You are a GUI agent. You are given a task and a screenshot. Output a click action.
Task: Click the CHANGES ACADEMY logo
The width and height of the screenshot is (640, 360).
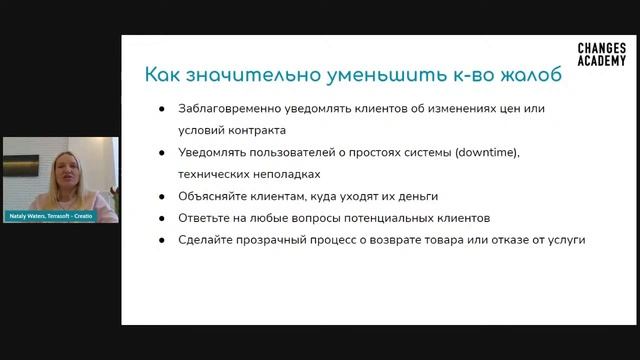click(x=602, y=55)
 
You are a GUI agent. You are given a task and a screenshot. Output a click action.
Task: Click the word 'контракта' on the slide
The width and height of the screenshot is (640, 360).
click(x=257, y=130)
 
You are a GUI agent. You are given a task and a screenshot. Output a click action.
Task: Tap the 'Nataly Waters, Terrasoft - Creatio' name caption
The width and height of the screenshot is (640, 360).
click(x=50, y=216)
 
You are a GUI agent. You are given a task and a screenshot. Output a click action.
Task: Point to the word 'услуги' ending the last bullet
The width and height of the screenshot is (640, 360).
click(x=564, y=240)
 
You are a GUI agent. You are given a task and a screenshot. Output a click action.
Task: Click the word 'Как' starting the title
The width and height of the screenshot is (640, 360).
click(x=163, y=75)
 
